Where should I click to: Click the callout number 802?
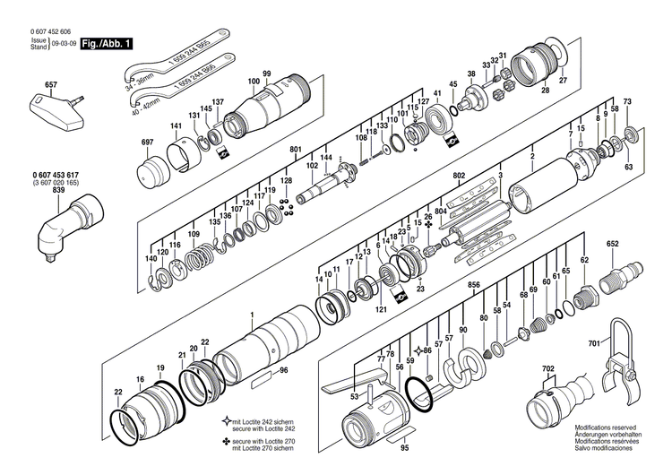pyautogui.click(x=459, y=175)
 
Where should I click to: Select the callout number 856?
pyautogui.click(x=474, y=285)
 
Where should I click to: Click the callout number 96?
pyautogui.click(x=283, y=370)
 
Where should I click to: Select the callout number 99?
pyautogui.click(x=266, y=73)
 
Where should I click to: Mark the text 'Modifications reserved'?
pyautogui.click(x=606, y=429)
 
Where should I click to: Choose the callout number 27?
pyautogui.click(x=563, y=82)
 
